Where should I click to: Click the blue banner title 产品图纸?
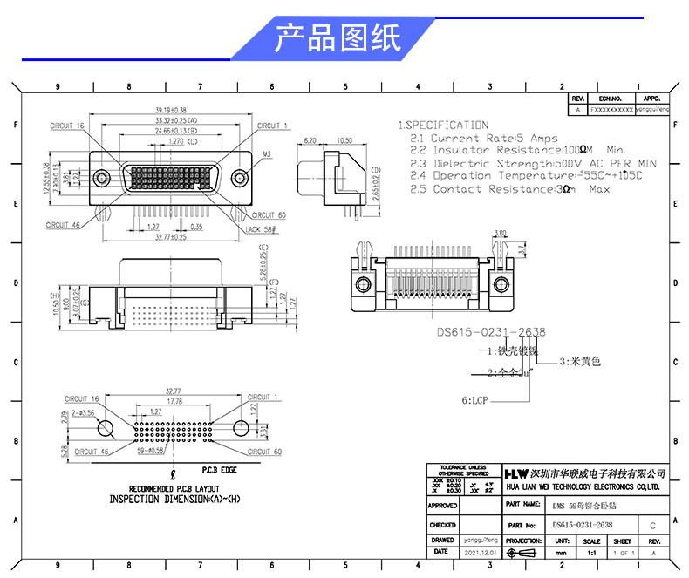338,38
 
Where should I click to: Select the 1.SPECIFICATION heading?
443,126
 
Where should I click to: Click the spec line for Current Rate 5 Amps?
484,139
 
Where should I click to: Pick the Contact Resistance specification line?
509,189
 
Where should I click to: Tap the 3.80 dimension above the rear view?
500,233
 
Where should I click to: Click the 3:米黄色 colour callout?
580,360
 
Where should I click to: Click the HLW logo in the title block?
518,473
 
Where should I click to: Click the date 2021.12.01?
480,553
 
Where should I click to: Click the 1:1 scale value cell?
592,553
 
